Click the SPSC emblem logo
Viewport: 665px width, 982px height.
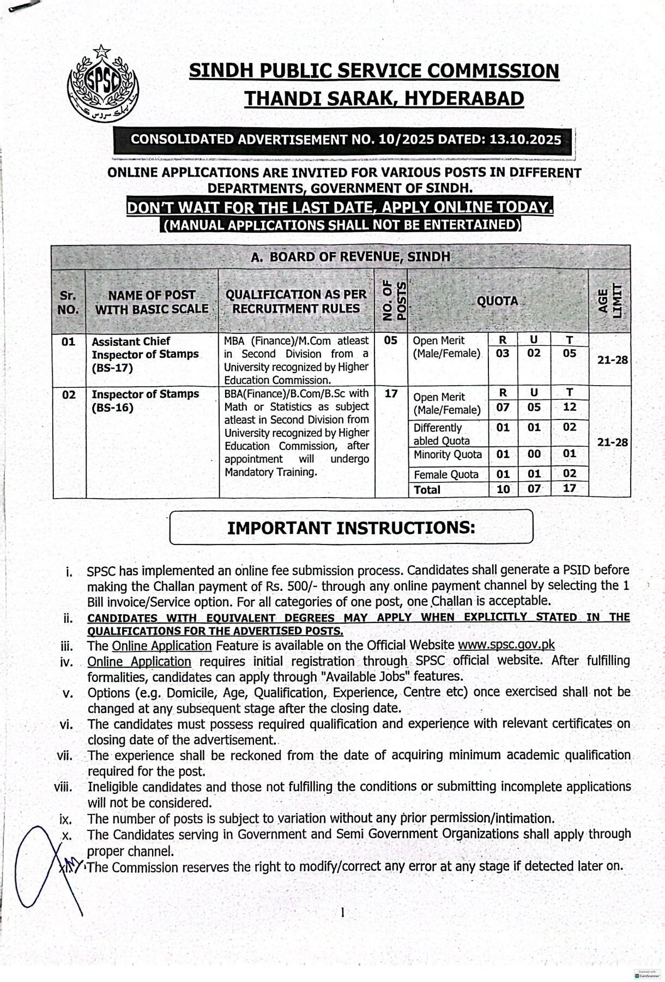click(103, 85)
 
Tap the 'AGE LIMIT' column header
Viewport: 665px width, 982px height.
click(609, 301)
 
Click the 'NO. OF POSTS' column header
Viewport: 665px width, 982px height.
click(391, 301)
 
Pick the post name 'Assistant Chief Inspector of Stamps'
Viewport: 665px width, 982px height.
click(144, 354)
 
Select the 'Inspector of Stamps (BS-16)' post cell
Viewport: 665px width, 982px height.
click(144, 401)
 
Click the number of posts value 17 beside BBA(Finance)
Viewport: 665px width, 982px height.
click(391, 393)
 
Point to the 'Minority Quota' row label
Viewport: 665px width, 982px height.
click(448, 454)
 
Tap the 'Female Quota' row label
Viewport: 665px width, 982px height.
click(445, 475)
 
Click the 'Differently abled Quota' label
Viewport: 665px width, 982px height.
click(441, 434)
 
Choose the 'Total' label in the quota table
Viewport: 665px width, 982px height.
click(427, 490)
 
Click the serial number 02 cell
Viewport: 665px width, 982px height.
click(69, 394)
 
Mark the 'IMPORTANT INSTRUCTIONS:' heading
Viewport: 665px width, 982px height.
click(351, 528)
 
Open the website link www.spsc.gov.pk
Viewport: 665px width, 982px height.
click(506, 645)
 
